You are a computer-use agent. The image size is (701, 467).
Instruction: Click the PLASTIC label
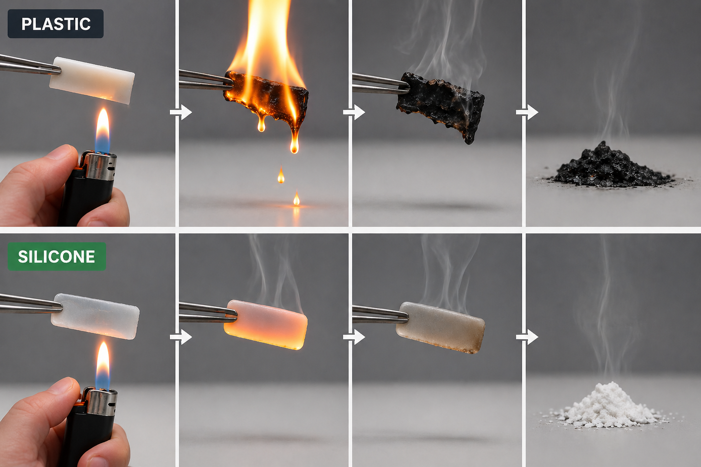point(56,24)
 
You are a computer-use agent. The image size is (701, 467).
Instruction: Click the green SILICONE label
point(57,256)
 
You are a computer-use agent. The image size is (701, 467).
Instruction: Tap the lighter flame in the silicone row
point(103,365)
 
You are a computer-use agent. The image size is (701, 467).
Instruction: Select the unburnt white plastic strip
point(92,80)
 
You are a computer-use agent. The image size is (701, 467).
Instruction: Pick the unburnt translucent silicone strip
point(95,316)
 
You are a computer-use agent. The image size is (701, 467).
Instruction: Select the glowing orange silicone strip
point(265,324)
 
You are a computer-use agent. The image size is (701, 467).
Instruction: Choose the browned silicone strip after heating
point(440,327)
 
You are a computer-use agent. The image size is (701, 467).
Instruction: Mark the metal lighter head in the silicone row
point(99,401)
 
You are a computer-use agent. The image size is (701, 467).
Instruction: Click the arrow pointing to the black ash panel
point(527,112)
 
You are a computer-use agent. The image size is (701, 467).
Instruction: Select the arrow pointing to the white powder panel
point(527,337)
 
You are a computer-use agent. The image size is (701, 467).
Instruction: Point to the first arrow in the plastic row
point(181,112)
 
